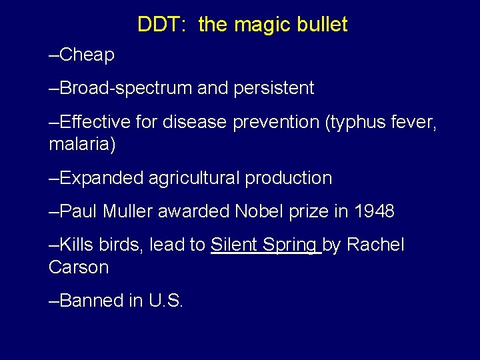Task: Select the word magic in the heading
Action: click(259, 25)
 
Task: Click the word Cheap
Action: click(87, 55)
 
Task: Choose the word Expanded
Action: click(101, 178)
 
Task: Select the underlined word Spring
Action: click(290, 245)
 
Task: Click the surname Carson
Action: click(79, 268)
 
